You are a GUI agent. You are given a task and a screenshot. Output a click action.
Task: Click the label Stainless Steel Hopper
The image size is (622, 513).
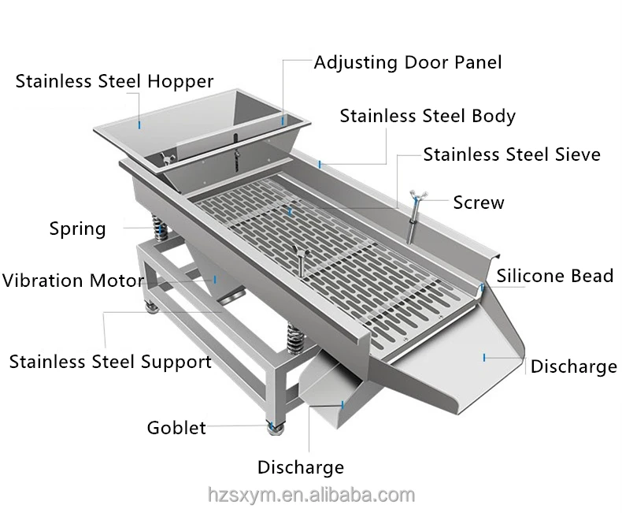click(x=114, y=82)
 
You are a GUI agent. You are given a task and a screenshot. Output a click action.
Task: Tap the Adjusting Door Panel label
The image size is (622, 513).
click(x=407, y=62)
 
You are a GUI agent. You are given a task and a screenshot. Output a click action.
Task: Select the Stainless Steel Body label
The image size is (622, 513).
click(x=428, y=117)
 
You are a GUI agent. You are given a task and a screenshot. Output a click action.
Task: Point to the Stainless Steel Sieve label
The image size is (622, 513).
click(x=512, y=154)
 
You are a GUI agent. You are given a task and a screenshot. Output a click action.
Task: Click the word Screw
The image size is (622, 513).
click(x=479, y=203)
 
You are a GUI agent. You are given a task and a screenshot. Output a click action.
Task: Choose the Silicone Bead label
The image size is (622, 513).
click(x=554, y=276)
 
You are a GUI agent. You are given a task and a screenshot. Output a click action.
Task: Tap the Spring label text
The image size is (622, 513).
click(x=77, y=229)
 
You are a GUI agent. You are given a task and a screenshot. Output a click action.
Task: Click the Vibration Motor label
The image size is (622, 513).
click(x=72, y=281)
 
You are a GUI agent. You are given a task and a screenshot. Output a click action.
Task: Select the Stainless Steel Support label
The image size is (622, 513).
click(x=110, y=362)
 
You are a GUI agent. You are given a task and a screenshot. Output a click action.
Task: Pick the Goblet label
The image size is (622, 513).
click(x=176, y=428)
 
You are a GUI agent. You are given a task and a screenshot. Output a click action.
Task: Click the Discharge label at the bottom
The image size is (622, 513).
click(x=301, y=467)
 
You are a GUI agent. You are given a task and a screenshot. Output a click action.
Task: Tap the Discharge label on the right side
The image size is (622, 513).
click(x=573, y=366)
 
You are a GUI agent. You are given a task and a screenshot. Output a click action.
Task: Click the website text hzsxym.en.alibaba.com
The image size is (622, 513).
click(x=311, y=495)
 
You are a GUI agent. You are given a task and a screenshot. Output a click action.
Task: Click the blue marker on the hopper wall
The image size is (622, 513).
click(x=139, y=124)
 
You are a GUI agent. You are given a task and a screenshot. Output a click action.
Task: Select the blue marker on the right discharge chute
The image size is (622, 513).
click(x=484, y=358)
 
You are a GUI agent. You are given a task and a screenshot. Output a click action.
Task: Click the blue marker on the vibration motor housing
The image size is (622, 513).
click(x=215, y=278)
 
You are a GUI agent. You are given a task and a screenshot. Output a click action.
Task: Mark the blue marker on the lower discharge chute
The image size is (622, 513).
click(x=343, y=405)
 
